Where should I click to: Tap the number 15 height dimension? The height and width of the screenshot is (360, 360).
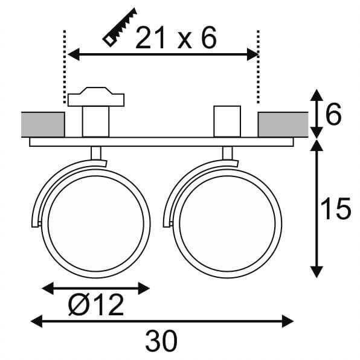click(x=335, y=208)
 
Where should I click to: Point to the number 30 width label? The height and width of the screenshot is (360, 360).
click(x=161, y=341)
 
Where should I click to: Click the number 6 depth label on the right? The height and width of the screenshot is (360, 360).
click(x=333, y=114)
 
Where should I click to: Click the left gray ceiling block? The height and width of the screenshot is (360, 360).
click(x=43, y=124)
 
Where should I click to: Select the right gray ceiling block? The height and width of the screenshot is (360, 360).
click(x=281, y=124)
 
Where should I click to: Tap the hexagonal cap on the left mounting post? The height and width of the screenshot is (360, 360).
click(x=97, y=98)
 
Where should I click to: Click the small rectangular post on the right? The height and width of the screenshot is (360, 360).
click(x=228, y=121)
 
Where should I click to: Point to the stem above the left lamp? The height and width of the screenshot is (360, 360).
click(x=96, y=153)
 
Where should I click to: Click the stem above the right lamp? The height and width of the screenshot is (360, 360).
click(x=228, y=153)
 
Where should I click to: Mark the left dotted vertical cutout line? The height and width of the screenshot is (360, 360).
click(x=64, y=66)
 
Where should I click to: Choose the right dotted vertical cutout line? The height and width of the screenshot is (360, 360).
click(x=259, y=66)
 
